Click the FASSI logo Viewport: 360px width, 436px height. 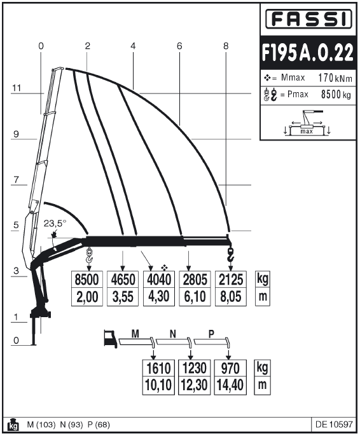tap(308, 19)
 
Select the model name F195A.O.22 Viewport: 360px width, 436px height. tap(308, 52)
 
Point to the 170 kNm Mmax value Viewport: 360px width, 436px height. tap(335, 78)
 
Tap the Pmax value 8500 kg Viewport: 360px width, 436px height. tap(336, 95)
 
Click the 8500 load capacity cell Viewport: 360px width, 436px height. tap(87, 280)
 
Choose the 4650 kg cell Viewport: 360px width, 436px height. tap(123, 280)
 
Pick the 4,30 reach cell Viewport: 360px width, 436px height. tap(159, 297)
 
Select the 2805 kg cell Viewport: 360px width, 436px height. tap(195, 280)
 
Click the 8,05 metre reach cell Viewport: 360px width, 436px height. tap(231, 297)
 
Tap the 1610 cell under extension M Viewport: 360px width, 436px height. tap(158, 368)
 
